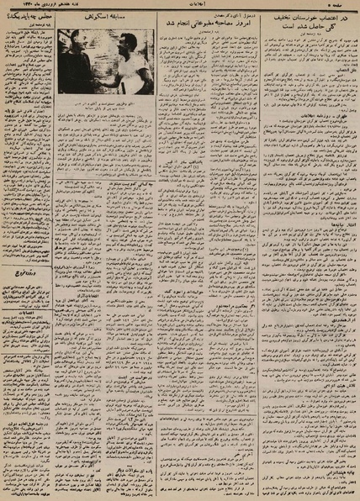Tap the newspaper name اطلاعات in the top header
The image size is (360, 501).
coord(181,4)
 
